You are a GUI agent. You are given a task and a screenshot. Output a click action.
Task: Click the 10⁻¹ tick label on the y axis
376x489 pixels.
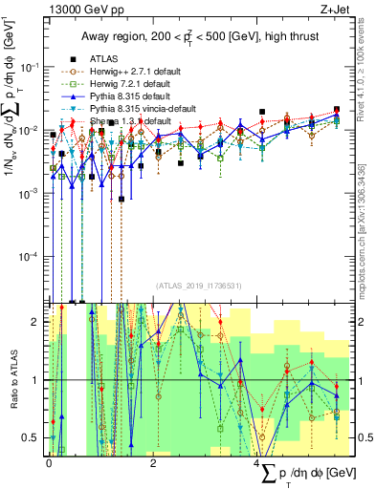[33, 67]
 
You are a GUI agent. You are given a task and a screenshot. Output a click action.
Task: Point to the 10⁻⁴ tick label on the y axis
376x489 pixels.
[33, 257]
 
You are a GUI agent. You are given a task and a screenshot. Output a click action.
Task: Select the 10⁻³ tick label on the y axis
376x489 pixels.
[33, 194]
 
